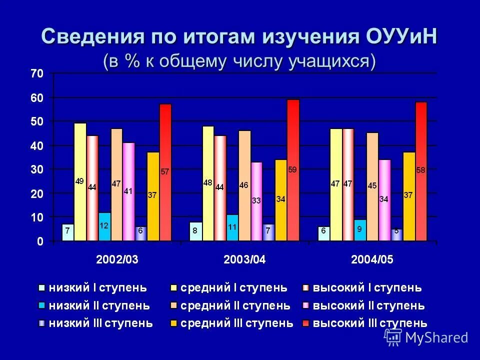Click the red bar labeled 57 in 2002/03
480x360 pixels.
click(x=165, y=172)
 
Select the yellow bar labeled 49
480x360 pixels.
click(x=80, y=182)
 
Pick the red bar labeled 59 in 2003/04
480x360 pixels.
click(x=292, y=170)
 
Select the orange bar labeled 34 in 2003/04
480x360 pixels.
click(x=280, y=200)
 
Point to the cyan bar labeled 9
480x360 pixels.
click(x=360, y=230)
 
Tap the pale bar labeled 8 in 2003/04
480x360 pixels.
click(x=195, y=231)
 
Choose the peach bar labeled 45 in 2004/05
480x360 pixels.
click(x=372, y=186)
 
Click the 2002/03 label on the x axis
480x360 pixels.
click(x=116, y=259)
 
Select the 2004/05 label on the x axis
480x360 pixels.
click(x=372, y=259)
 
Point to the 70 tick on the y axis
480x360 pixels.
click(x=37, y=73)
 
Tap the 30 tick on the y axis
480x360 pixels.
click(x=37, y=169)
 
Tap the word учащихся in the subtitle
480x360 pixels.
click(x=330, y=61)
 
